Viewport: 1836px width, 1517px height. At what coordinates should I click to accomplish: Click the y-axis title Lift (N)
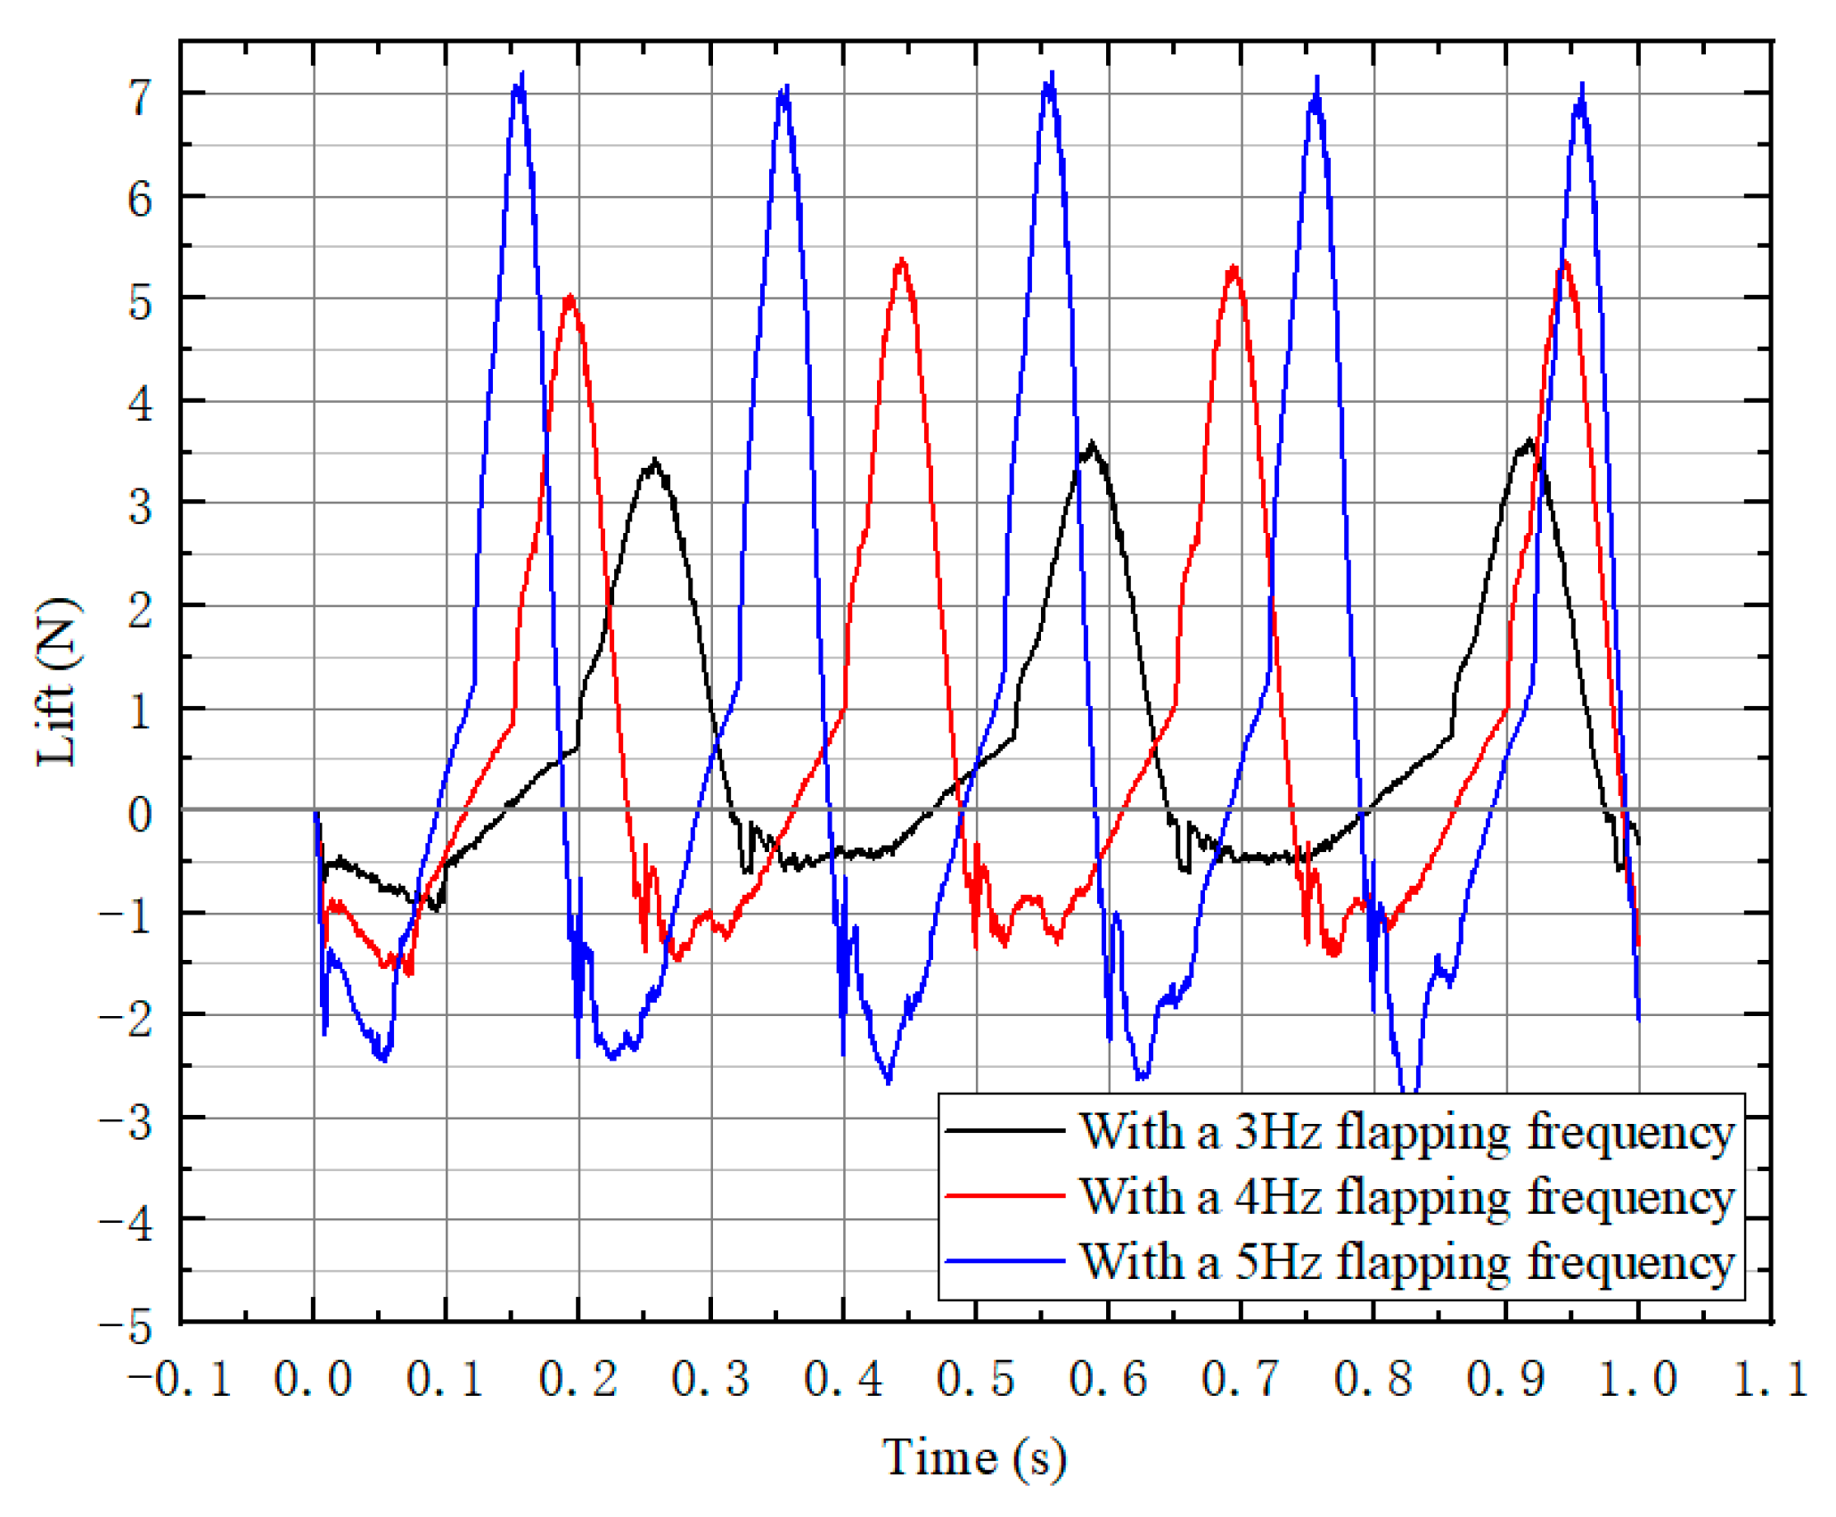(x=59, y=682)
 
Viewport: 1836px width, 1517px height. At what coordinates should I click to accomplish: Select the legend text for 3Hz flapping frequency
(x=1406, y=1132)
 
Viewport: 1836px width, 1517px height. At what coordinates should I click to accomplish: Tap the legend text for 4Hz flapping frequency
(x=1406, y=1196)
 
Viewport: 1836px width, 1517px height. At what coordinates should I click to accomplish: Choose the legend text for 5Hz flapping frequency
(x=1406, y=1261)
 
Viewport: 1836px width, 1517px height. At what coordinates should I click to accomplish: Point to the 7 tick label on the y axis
(x=140, y=96)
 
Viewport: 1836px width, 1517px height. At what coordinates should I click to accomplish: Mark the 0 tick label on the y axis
(x=140, y=814)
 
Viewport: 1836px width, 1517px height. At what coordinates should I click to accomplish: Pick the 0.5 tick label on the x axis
(x=975, y=1380)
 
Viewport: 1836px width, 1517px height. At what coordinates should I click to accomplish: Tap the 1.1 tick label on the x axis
(x=1770, y=1380)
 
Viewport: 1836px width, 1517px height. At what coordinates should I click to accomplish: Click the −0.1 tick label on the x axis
(x=179, y=1380)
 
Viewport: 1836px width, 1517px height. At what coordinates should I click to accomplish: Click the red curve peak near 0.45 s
(x=902, y=260)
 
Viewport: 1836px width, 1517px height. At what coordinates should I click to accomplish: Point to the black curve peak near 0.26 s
(x=655, y=462)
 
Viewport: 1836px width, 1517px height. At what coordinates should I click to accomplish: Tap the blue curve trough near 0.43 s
(x=888, y=1081)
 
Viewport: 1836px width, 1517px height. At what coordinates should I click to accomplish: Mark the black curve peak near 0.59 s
(x=1092, y=444)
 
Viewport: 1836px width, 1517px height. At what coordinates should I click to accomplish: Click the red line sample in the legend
(x=1004, y=1195)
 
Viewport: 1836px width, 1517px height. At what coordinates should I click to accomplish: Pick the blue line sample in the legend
(x=1004, y=1261)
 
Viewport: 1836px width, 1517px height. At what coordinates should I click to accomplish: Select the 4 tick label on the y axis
(x=140, y=404)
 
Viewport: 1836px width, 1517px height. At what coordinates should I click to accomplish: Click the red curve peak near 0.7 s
(x=1234, y=267)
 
